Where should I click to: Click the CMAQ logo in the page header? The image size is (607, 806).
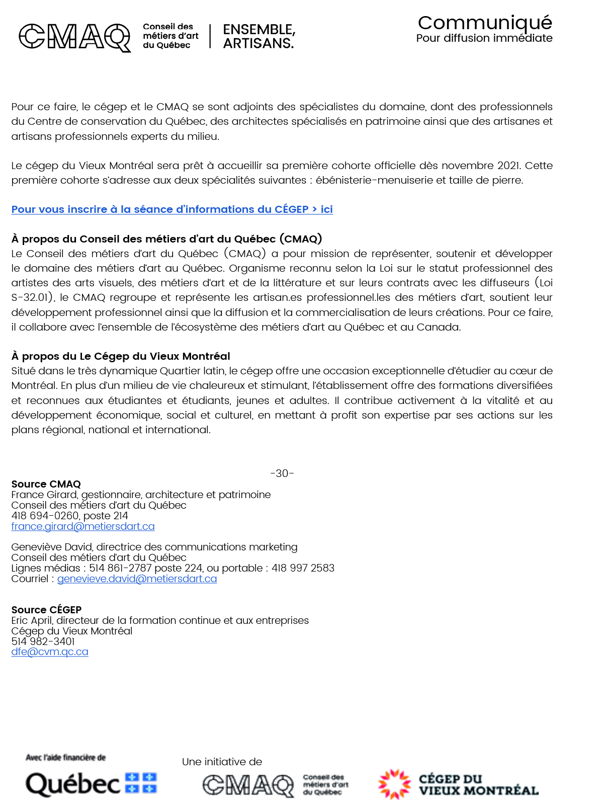74,37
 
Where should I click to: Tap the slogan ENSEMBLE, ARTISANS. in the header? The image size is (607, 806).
258,36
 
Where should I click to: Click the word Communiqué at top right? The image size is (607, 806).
485,23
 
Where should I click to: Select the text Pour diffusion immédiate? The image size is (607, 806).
484,38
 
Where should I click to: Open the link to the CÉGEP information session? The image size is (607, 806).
172,209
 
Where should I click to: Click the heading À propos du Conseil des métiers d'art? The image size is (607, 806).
166,239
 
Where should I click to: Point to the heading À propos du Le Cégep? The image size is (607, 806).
121,356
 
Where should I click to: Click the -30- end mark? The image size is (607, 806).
282,473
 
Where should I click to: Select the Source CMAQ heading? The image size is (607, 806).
46,484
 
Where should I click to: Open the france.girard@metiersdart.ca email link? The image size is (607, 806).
83,526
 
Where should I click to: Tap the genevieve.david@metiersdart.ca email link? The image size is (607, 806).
137,579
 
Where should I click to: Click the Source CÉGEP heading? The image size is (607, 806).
46,610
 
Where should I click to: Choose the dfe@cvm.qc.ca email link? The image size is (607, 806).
50,652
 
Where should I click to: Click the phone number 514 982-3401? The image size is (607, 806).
43,641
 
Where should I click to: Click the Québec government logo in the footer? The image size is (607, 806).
91,784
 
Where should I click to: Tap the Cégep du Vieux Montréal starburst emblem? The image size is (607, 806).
394,784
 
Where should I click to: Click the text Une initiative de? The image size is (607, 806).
222,762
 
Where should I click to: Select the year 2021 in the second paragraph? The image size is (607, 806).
508,166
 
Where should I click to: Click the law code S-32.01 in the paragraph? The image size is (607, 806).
31,297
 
